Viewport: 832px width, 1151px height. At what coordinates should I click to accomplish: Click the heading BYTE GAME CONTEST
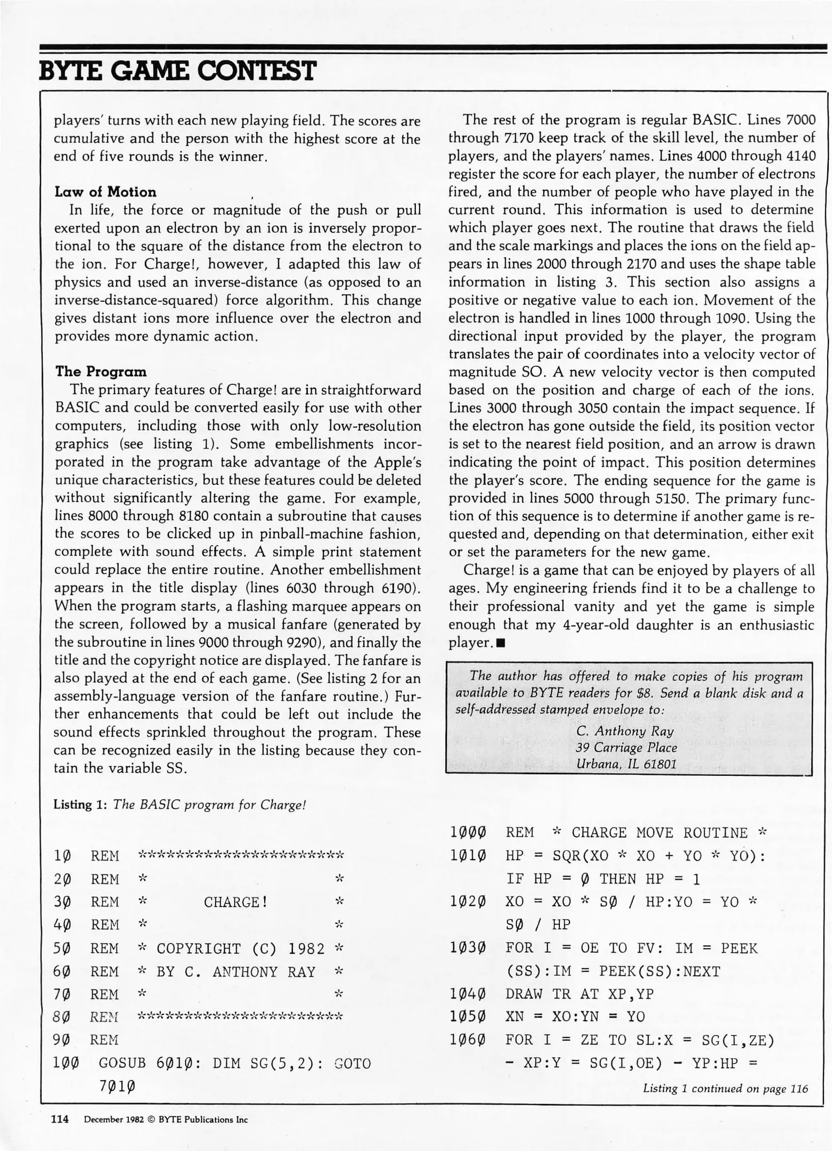point(177,71)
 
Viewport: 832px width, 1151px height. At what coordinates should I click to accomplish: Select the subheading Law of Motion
point(105,192)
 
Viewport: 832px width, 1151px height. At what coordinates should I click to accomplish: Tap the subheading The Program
point(101,371)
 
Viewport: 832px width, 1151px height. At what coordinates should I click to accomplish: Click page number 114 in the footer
point(60,1120)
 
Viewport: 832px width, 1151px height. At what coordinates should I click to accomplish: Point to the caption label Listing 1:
point(81,805)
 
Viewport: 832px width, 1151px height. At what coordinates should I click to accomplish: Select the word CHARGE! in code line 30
point(235,902)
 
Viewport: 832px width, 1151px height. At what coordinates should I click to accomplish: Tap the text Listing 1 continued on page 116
point(725,1089)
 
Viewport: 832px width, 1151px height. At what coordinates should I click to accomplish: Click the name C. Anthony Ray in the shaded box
point(625,731)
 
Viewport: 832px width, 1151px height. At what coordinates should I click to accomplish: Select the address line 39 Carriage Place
point(626,747)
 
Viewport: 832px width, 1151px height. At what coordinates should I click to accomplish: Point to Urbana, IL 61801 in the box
point(626,764)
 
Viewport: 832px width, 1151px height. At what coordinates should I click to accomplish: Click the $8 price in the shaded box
point(646,693)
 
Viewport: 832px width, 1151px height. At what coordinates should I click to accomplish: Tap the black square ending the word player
point(500,643)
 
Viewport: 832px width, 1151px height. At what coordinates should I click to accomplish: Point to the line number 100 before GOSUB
point(67,1063)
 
